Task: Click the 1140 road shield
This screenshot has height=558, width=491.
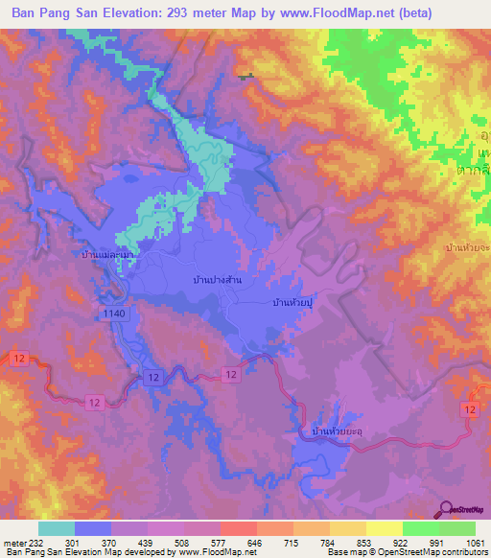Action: pos(110,314)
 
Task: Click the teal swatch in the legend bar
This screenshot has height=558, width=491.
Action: pos(57,528)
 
